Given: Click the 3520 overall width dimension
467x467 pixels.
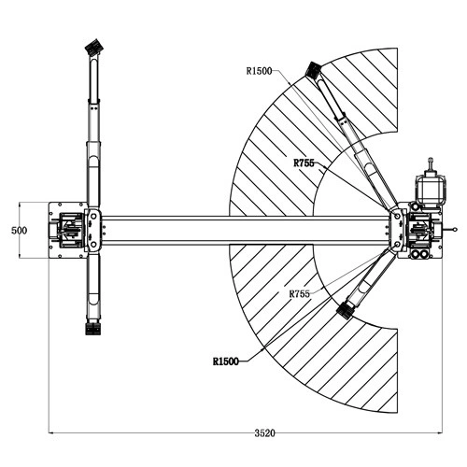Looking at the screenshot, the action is [264, 433].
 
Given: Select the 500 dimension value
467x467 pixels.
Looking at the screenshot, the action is [19, 231].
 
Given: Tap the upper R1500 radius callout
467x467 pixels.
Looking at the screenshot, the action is [259, 71].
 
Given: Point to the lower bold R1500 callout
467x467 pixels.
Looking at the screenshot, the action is [226, 361].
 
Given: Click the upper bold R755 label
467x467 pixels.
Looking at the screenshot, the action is [304, 163].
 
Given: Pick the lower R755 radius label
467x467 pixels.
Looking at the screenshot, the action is [300, 293].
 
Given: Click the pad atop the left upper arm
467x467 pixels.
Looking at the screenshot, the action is [93, 47].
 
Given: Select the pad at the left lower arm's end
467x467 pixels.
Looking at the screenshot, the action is [92, 329].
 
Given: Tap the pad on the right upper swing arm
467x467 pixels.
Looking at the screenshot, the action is [313, 70].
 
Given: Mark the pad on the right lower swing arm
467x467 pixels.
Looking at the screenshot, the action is [345, 310].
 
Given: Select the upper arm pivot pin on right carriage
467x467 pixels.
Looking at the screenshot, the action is [397, 216].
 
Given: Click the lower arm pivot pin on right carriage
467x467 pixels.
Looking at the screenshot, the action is [397, 245].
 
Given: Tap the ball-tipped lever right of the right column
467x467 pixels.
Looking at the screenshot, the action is [450, 231].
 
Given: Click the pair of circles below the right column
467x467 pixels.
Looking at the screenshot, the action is [419, 254].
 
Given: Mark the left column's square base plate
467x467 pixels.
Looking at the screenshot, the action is [68, 231].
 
